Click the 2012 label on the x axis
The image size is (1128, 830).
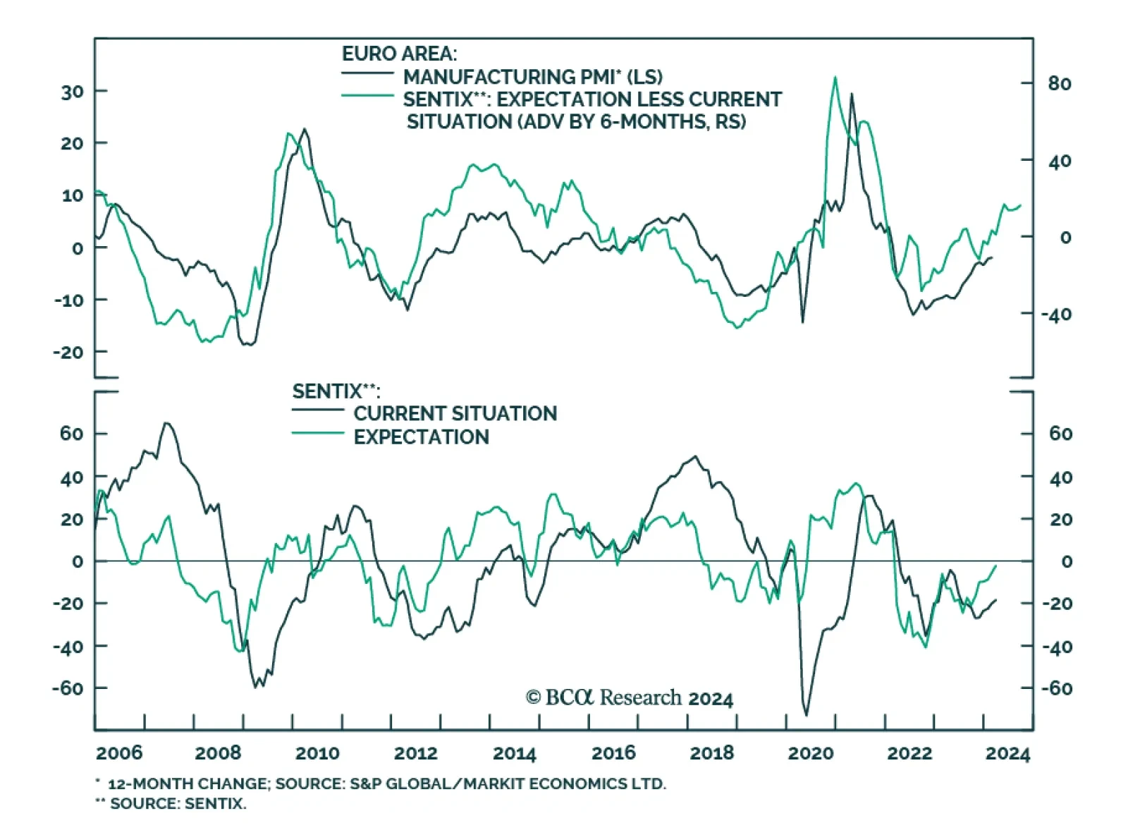click(415, 753)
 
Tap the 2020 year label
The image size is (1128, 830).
click(810, 753)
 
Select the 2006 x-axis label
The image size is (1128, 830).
click(119, 753)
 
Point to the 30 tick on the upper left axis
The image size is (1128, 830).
click(72, 92)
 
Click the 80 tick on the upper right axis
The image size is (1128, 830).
click(1060, 84)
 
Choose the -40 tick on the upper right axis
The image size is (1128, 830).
click(1057, 315)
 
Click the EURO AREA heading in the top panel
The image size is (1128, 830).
click(399, 54)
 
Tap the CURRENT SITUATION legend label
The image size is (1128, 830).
click(455, 413)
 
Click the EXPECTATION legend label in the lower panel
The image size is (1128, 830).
click(421, 437)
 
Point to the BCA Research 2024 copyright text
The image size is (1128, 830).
click(630, 698)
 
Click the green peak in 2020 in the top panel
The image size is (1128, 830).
click(835, 78)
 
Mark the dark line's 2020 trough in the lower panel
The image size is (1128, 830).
click(807, 715)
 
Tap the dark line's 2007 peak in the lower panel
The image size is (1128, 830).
click(166, 423)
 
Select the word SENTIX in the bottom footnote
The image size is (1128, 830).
click(212, 803)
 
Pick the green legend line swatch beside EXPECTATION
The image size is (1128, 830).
click(317, 432)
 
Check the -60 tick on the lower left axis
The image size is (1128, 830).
click(68, 688)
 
